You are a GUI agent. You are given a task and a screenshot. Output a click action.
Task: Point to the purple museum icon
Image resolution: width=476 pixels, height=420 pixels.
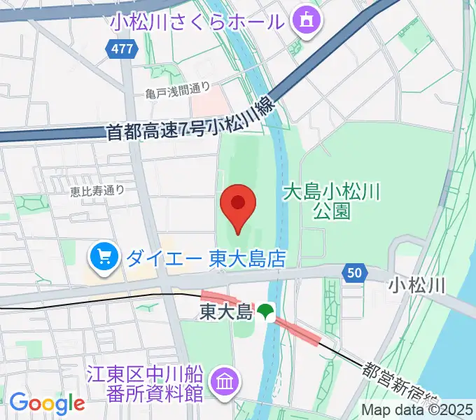[227, 382]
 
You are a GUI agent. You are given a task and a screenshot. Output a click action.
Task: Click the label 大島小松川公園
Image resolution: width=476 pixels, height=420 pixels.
[331, 200]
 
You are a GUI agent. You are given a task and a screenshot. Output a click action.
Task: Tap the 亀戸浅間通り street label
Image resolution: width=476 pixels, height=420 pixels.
[178, 90]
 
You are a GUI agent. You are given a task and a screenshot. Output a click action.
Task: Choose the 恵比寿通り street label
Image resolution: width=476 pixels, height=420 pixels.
[97, 189]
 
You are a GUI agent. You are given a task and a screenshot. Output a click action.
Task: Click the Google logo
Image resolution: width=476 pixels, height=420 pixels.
[46, 403]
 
